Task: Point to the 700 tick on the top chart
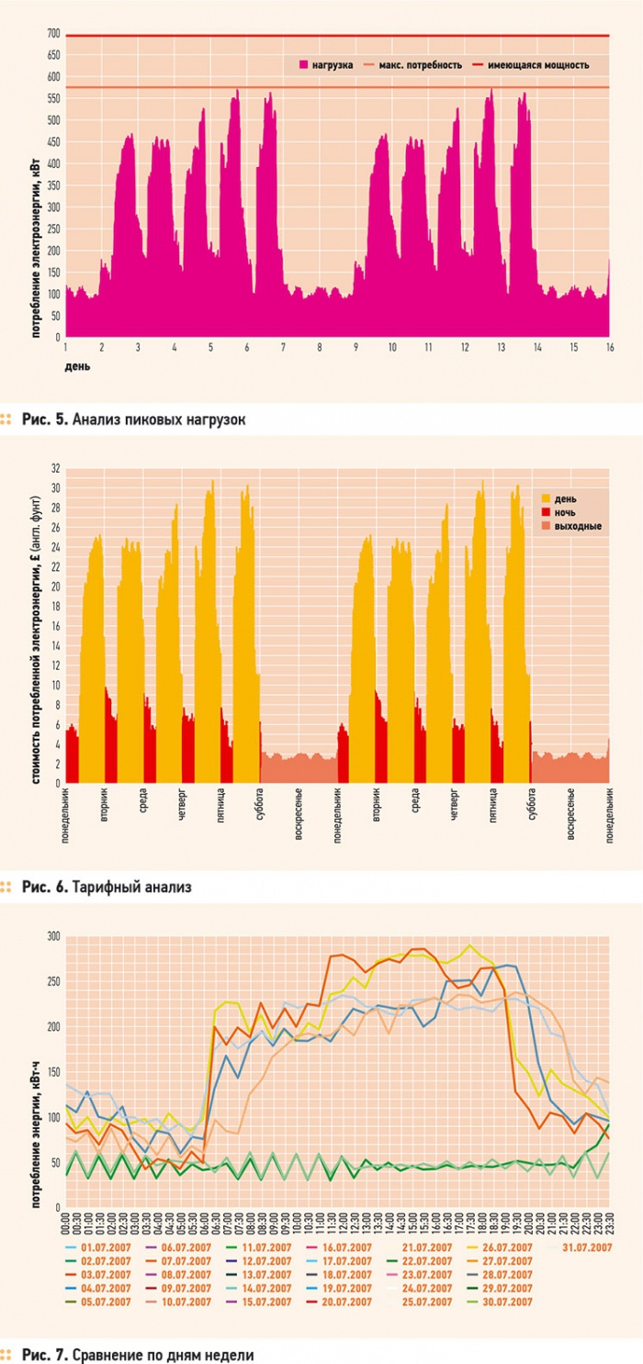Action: [x=54, y=35]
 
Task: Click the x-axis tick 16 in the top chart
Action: [x=609, y=347]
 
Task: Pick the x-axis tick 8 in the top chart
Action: [x=320, y=347]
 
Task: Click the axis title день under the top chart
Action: [x=77, y=366]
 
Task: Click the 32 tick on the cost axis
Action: [x=55, y=468]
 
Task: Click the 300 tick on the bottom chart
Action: [x=54, y=936]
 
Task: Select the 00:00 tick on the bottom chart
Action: [x=68, y=1224]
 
